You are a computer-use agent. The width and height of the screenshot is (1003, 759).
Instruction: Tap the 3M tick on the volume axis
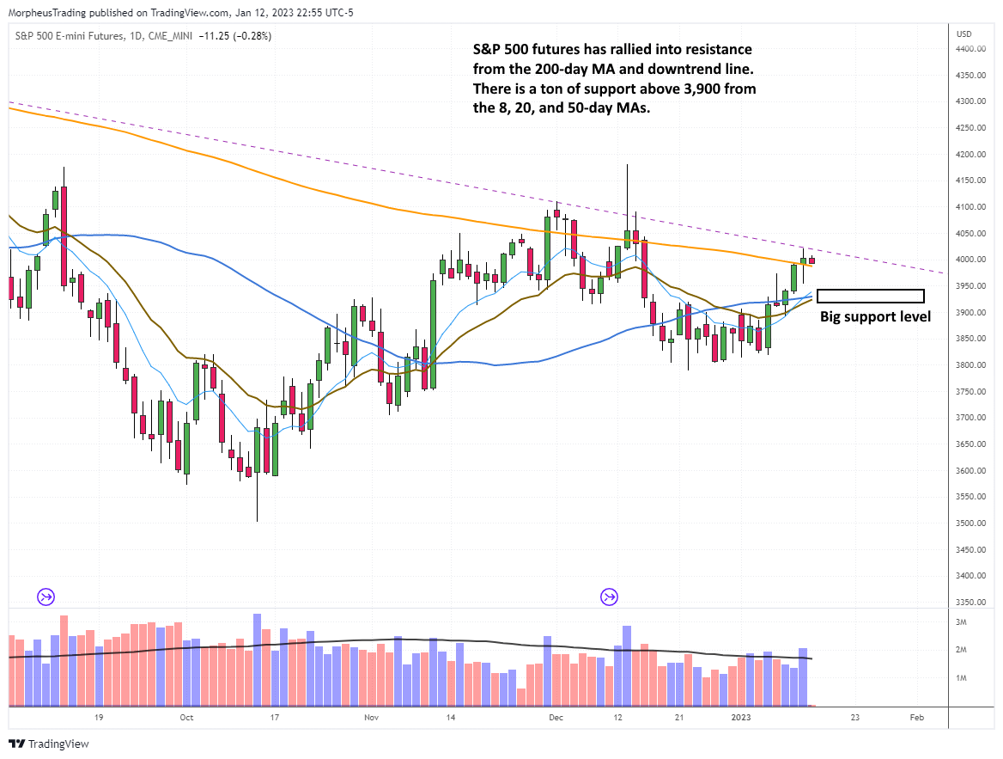tap(963, 621)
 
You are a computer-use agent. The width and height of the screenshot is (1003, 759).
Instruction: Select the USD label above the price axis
tap(963, 34)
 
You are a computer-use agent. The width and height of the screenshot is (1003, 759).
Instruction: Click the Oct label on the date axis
tap(186, 717)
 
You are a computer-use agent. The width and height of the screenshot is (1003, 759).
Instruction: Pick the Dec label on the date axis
tap(556, 717)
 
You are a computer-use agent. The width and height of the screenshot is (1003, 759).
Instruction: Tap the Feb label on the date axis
tap(916, 717)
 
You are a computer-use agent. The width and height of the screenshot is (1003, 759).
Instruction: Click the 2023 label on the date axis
tap(740, 717)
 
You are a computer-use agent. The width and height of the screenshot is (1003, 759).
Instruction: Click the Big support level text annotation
tap(875, 317)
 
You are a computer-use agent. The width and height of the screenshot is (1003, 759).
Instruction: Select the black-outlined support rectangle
tap(870, 296)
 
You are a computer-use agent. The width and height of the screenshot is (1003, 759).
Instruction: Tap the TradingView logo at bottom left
tap(49, 744)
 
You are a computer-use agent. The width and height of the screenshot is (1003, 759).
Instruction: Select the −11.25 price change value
tap(212, 35)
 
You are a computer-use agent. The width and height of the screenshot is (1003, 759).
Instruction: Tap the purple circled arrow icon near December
tap(610, 597)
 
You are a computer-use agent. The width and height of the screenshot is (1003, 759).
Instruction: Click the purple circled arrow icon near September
tap(45, 597)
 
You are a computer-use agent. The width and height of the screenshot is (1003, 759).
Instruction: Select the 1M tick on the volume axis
tap(963, 678)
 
